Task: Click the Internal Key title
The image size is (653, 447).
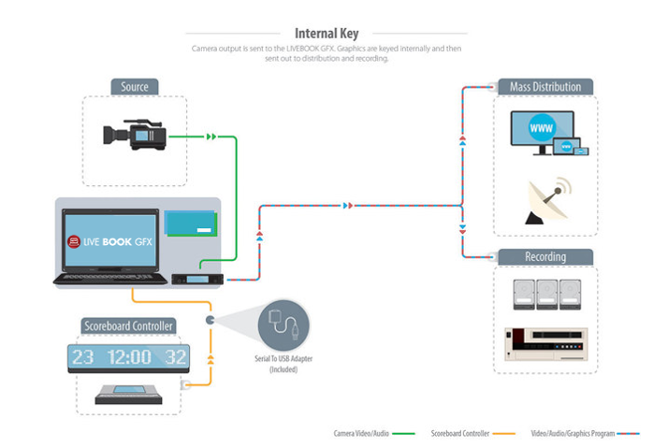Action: coord(326,33)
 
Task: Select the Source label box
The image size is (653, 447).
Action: coord(135,87)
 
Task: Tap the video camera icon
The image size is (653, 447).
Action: coord(135,136)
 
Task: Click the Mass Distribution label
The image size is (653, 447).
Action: coord(545,87)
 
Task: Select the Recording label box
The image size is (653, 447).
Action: coord(545,256)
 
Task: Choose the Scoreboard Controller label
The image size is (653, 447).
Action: coord(127,325)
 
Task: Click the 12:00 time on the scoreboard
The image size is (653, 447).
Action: coord(126,357)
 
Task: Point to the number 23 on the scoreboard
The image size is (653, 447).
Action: coord(83,357)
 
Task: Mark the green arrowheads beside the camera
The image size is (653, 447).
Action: coord(210,137)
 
